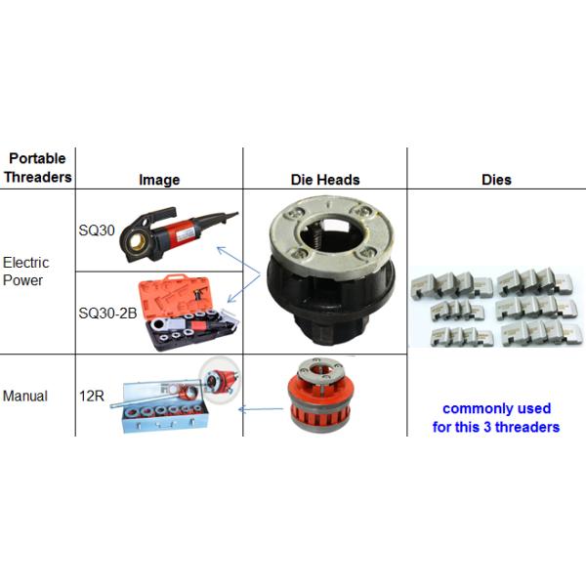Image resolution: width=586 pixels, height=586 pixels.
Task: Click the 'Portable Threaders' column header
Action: tap(37, 168)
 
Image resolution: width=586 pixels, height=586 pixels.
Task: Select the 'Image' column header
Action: tap(159, 180)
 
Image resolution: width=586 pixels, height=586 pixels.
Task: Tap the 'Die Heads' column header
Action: tap(325, 180)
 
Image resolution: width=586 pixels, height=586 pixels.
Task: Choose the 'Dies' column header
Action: tap(496, 180)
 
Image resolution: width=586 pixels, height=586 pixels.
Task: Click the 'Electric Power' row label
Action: tap(25, 272)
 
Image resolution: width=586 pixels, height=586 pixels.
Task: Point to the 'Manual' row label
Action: tap(25, 396)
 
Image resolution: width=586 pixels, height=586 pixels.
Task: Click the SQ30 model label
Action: tap(97, 230)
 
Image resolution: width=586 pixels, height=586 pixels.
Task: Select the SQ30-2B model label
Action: tap(107, 314)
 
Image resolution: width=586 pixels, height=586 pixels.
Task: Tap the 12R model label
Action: tap(92, 396)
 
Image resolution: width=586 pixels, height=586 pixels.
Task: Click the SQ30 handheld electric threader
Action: tap(176, 233)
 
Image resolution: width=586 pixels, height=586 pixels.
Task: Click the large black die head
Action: tap(331, 270)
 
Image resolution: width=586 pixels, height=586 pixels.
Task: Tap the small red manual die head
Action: tap(319, 395)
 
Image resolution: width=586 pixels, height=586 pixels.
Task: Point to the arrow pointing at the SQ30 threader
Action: tap(238, 261)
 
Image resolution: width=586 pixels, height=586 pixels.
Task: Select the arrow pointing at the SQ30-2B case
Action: tap(243, 288)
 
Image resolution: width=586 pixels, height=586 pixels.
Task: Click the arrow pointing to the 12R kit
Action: tap(261, 409)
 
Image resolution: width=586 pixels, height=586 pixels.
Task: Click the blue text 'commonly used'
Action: tap(496, 408)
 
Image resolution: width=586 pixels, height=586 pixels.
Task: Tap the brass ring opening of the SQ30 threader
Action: tap(137, 242)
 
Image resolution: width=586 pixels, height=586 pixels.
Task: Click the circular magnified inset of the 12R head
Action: tap(219, 380)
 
